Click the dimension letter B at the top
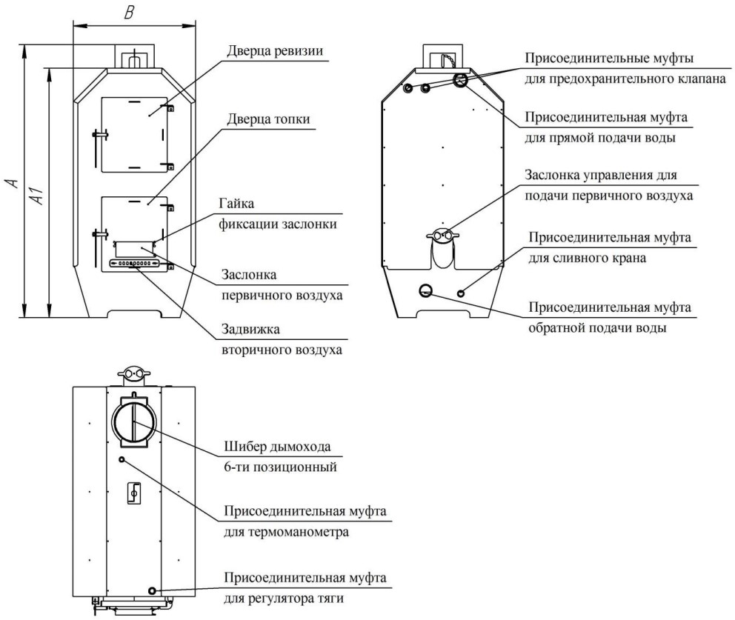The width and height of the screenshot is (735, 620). coord(129,13)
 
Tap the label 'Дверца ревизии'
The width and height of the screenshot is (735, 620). coord(275,50)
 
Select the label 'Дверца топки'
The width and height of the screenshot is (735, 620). coord(269,119)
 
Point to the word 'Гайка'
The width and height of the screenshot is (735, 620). coord(236,204)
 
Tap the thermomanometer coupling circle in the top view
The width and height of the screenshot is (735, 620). coord(122,459)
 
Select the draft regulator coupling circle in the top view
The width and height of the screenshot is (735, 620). coord(153,590)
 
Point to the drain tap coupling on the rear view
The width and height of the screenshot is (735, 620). coord(461,293)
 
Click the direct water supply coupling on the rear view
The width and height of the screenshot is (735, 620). coord(460,80)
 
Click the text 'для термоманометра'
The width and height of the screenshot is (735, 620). coord(287,533)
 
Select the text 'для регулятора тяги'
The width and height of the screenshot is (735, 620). coord(284,599)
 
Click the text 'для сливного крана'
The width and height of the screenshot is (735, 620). coord(588,258)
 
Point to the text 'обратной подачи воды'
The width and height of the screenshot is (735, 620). coord(598,327)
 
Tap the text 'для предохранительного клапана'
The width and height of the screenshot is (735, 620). coord(625,79)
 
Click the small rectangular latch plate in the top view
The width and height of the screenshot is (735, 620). coord(134,493)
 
